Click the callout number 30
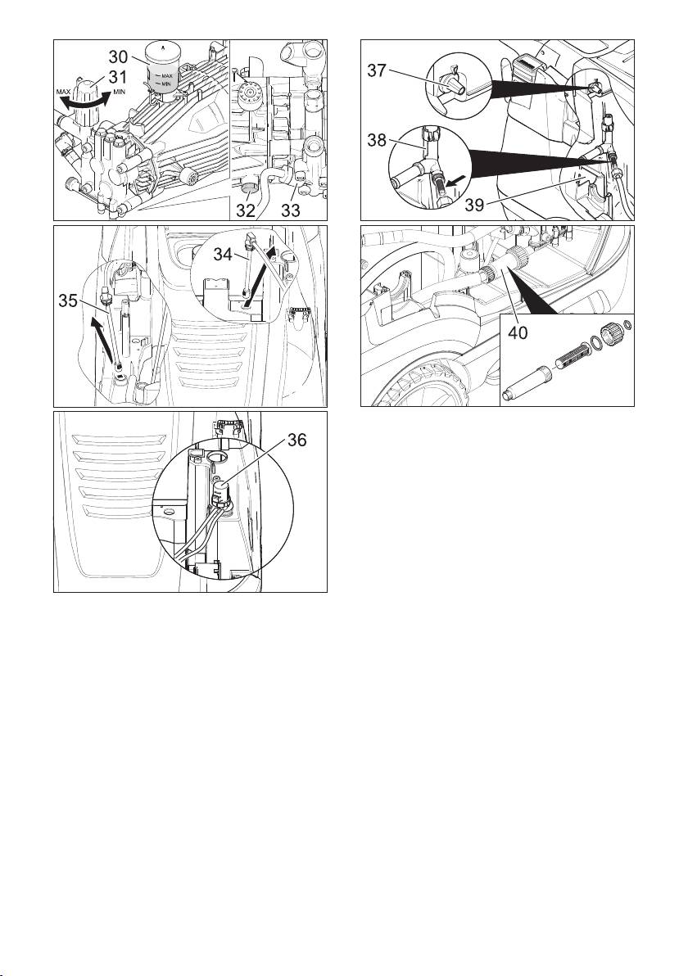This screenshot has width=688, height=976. click(x=118, y=56)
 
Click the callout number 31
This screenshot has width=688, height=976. click(x=119, y=77)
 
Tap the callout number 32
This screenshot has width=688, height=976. click(x=246, y=210)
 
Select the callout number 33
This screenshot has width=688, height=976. click(x=290, y=210)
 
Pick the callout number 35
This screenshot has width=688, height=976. click(x=70, y=302)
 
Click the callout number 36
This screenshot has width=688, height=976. click(x=297, y=440)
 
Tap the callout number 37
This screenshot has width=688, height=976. click(x=376, y=71)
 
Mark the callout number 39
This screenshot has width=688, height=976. click(x=475, y=205)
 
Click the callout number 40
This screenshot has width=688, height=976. click(x=518, y=332)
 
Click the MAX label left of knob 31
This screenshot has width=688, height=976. click(x=64, y=93)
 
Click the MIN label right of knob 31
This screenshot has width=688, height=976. click(x=120, y=93)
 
